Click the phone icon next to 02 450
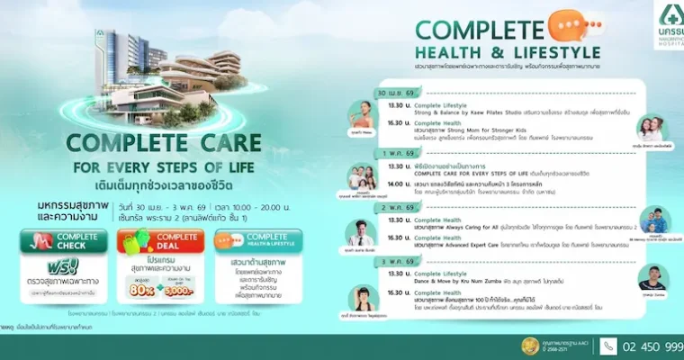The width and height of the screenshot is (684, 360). (x=608, y=346)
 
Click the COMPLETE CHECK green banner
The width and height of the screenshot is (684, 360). (x=62, y=241)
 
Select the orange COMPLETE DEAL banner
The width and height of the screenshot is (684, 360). (x=162, y=241)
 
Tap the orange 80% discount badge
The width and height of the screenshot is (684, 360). (x=141, y=292)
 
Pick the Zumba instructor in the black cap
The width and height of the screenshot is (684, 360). (x=653, y=277)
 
